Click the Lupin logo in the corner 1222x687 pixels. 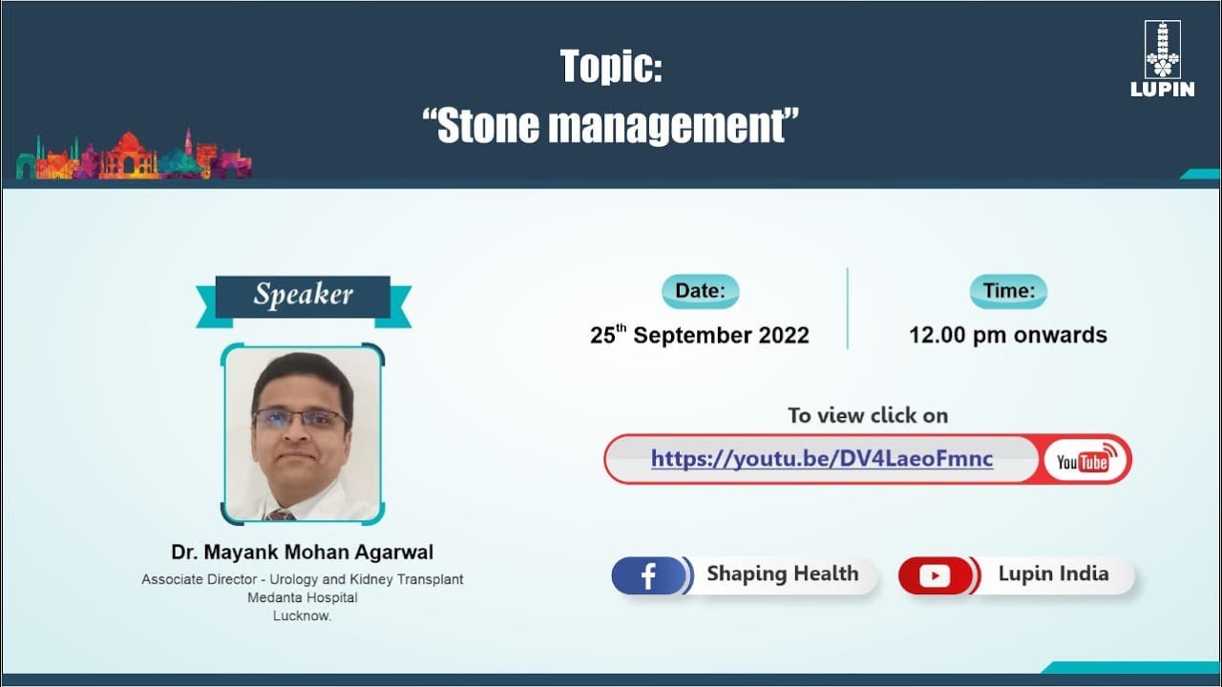click(x=1162, y=58)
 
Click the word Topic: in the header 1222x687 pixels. click(x=611, y=67)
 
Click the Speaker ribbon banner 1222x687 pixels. click(x=304, y=296)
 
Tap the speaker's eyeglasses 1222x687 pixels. click(x=300, y=419)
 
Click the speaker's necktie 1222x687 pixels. click(x=281, y=514)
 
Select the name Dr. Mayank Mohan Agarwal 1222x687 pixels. click(x=302, y=552)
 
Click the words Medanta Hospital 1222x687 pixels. click(x=302, y=597)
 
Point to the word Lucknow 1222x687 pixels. click(x=302, y=615)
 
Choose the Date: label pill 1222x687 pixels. click(x=700, y=291)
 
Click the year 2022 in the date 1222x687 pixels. click(x=784, y=336)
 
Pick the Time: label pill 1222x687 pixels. click(x=1008, y=291)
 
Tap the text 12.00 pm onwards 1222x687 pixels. click(x=1008, y=336)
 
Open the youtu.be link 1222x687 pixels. click(x=822, y=459)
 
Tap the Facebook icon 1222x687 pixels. click(x=648, y=576)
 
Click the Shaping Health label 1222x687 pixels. click(x=782, y=574)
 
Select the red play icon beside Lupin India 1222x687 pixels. click(x=935, y=576)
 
